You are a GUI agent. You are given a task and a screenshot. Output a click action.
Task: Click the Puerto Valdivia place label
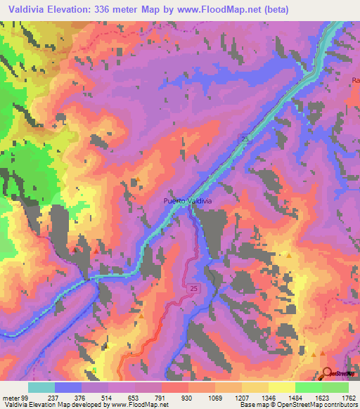click(187, 200)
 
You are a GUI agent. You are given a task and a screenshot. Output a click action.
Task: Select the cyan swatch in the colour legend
click(41, 387)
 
